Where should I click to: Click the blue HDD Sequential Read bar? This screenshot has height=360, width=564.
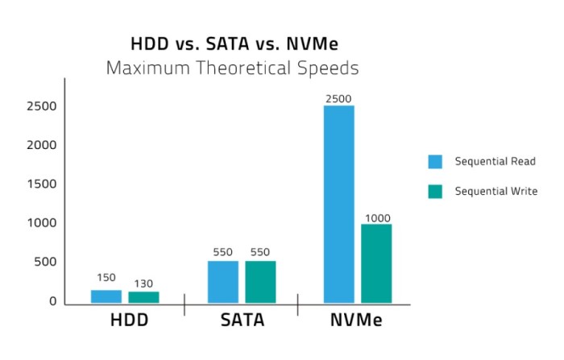click(x=106, y=296)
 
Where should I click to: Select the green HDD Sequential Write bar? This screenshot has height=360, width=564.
click(x=143, y=297)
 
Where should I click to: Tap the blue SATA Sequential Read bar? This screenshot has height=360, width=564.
click(x=223, y=282)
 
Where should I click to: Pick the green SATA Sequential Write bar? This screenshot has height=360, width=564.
click(x=260, y=282)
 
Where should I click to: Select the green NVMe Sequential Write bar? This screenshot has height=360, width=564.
click(x=376, y=263)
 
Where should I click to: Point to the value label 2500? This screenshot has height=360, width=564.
click(x=338, y=99)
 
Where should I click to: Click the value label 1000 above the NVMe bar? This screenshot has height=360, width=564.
click(x=377, y=217)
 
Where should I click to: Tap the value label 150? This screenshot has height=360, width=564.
click(x=106, y=278)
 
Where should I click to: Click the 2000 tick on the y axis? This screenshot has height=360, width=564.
click(x=41, y=145)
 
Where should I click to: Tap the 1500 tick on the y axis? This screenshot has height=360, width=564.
click(x=41, y=184)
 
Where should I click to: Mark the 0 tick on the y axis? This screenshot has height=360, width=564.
click(x=52, y=301)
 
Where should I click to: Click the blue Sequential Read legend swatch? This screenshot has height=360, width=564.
click(x=435, y=161)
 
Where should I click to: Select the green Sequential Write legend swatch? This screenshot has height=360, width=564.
click(x=435, y=191)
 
